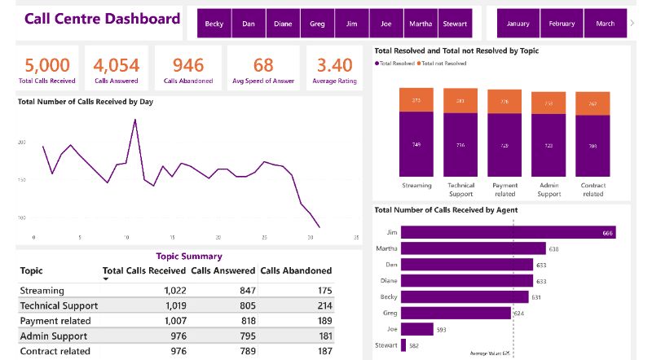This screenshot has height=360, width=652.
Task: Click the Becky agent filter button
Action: coord(214,24)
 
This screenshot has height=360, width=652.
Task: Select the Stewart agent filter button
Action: coord(454,24)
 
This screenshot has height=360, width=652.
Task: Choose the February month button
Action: coord(562,24)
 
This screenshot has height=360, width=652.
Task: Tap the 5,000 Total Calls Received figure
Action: coord(46,65)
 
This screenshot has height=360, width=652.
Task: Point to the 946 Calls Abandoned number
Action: coord(188,65)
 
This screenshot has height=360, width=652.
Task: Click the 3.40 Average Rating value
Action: coord(334,65)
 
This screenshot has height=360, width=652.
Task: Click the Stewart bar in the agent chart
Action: coord(404,345)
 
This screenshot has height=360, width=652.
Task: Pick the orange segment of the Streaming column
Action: coord(416,99)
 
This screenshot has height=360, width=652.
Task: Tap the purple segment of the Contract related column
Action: coord(593,146)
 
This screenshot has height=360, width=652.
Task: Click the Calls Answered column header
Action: coord(222,270)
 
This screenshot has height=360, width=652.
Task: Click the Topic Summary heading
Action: coord(189,256)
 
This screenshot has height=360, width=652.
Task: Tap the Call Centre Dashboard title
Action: coord(103,19)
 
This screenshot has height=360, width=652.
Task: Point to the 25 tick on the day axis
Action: coord(264,238)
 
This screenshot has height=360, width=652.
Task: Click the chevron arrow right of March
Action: coord(632,23)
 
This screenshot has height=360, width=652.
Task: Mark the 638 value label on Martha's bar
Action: coord(554,248)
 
